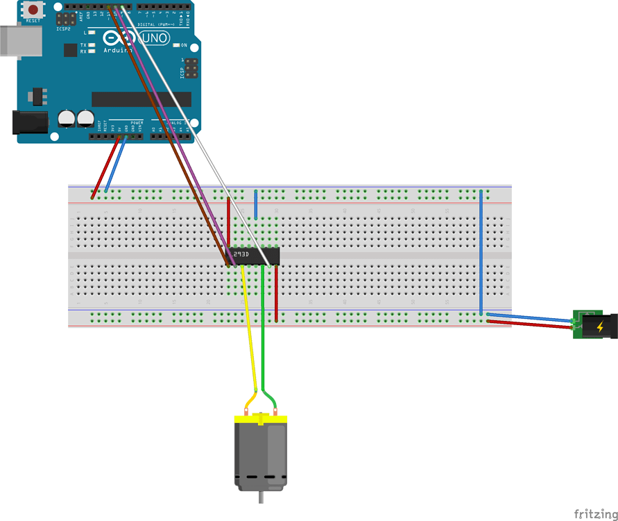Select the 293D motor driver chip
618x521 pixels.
click(254, 256)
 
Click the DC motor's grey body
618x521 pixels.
click(261, 452)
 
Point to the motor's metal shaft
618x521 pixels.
click(261, 498)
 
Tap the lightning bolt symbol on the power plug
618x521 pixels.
click(599, 325)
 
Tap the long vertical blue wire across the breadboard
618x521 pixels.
click(481, 250)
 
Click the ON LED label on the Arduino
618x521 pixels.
click(184, 45)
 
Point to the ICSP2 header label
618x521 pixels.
click(64, 30)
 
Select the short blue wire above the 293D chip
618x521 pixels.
click(256, 204)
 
